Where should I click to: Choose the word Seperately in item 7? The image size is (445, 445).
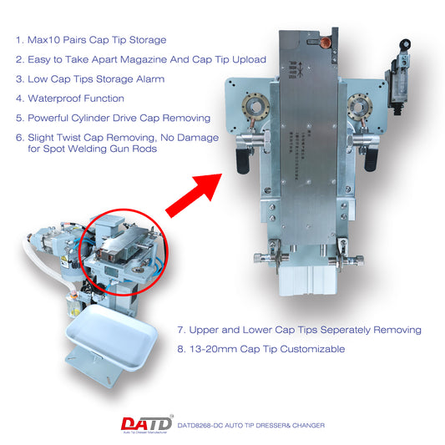tap(334, 330)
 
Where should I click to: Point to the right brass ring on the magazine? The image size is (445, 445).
tap(361, 109)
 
